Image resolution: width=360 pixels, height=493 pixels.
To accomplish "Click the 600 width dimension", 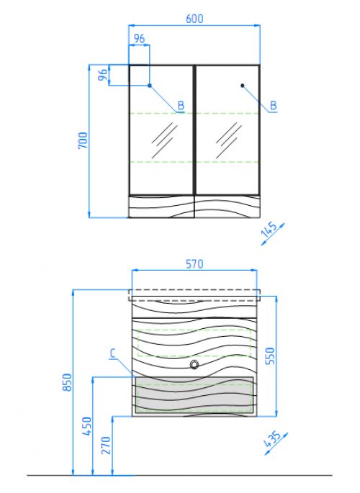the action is (194, 19).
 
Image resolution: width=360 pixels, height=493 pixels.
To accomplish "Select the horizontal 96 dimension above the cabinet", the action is (139, 39).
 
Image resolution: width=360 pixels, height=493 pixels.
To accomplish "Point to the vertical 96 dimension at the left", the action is (103, 75).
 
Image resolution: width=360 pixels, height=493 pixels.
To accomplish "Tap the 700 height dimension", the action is (83, 140).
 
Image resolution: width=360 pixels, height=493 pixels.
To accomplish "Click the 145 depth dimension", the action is (269, 230).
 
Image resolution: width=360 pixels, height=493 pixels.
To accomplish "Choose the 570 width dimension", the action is (194, 264).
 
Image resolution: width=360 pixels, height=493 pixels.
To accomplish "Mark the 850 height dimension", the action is (67, 382).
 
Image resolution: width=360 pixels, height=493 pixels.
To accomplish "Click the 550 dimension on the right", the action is (270, 356).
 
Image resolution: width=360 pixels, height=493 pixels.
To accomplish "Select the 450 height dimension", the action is (87, 426).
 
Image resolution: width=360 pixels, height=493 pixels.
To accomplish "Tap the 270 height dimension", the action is (106, 445).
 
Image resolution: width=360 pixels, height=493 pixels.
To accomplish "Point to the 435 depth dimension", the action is (272, 439).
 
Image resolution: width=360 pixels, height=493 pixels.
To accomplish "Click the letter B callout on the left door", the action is (181, 106).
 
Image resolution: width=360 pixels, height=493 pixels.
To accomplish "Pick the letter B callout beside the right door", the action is (273, 106).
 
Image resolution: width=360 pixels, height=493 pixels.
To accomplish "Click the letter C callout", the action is (112, 353).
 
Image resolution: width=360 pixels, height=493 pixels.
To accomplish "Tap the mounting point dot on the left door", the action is (150, 86).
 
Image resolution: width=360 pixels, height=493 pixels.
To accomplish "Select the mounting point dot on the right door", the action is (243, 86).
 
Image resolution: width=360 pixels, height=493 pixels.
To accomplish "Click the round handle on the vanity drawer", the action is (194, 364).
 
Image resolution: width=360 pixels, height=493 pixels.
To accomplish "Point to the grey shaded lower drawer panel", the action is (194, 394).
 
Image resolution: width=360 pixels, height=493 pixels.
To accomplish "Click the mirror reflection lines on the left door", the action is (164, 140).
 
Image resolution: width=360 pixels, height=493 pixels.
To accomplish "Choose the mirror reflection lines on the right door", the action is (228, 140).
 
